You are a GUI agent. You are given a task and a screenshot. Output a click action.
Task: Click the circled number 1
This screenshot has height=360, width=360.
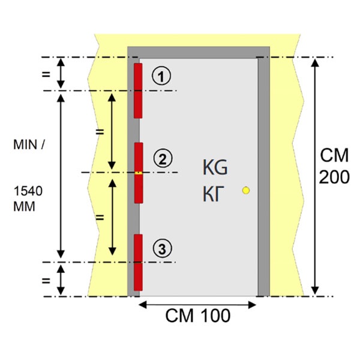(161, 76)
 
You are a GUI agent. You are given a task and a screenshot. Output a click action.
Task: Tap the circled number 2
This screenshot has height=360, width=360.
(163, 158)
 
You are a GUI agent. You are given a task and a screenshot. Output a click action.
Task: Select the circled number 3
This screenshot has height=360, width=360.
(163, 248)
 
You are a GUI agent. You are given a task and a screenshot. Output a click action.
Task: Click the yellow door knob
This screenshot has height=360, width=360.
(246, 190)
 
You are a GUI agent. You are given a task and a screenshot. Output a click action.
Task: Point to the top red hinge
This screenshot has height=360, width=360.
(138, 91)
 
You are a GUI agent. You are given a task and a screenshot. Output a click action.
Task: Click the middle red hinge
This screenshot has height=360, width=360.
(139, 173)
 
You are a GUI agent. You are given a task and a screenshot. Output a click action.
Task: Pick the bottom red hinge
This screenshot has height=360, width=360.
(138, 262)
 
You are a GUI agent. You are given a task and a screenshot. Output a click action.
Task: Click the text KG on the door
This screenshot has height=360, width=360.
(215, 167)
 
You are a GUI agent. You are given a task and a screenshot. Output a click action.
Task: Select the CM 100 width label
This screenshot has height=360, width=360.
(197, 316)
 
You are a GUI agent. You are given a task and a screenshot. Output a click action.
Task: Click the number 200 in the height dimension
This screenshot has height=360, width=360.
(334, 177)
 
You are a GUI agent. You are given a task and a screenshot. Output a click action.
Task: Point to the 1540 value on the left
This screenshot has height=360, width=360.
(28, 191)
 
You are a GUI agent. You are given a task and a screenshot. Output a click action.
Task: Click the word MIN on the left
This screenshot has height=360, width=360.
(25, 145)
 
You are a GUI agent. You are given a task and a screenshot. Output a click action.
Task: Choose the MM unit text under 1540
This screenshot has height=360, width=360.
(25, 206)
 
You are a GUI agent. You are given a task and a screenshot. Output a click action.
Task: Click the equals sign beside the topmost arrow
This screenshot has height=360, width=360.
(46, 74)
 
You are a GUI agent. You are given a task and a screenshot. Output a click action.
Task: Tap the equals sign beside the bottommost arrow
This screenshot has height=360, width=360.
(46, 280)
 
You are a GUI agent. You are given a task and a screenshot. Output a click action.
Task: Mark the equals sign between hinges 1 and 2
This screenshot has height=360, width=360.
(100, 132)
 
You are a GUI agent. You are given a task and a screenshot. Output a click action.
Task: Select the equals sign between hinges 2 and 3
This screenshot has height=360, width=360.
(100, 217)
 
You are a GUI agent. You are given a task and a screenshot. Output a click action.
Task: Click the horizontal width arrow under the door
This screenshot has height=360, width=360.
(197, 305)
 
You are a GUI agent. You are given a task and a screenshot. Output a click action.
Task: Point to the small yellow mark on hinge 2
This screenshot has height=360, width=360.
(139, 173)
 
